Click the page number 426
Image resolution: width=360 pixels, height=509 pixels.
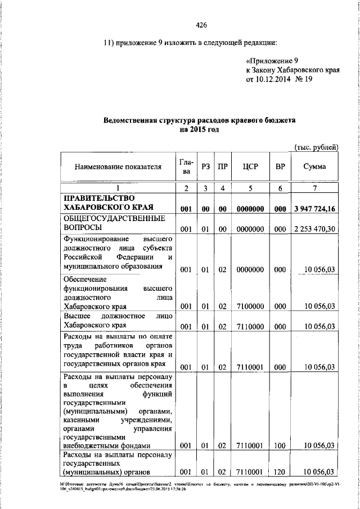pyautogui.click(x=201, y=25)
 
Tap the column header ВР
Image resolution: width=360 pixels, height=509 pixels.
pyautogui.click(x=279, y=166)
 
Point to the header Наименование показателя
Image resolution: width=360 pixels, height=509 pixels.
pyautogui.click(x=118, y=166)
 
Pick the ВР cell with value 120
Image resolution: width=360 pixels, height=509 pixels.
pyautogui.click(x=279, y=471)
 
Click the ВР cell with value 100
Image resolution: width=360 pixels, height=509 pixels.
pyautogui.click(x=279, y=445)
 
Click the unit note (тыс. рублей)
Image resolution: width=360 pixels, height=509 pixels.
pyautogui.click(x=317, y=147)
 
